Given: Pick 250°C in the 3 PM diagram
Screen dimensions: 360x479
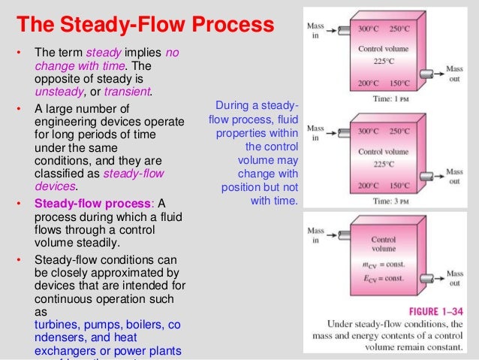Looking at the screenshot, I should (x=400, y=130).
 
